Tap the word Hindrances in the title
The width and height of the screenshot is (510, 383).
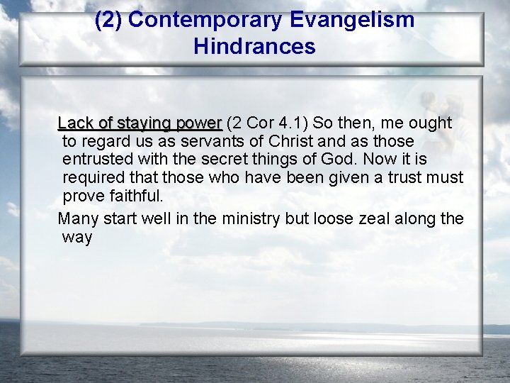(x=254, y=47)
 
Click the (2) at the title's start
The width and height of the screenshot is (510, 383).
(x=108, y=20)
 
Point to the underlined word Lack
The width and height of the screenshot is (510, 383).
(x=74, y=123)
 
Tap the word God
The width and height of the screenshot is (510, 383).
(x=331, y=160)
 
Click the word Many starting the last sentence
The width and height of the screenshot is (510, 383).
(x=76, y=218)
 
